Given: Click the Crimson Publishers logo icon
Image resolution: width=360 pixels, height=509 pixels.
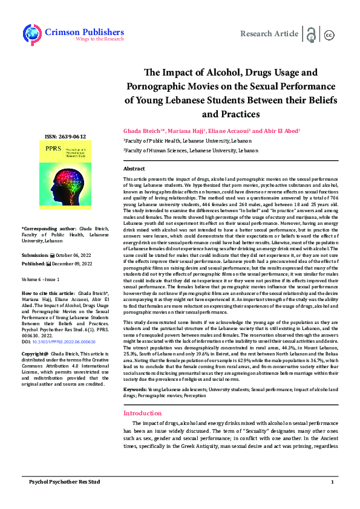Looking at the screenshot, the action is [x=31, y=34].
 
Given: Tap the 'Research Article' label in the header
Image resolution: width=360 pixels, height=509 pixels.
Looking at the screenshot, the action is [x=269, y=34].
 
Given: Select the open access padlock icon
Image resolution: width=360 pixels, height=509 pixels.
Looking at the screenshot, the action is [x=312, y=34].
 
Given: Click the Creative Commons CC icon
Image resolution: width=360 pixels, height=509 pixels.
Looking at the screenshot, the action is [x=330, y=35].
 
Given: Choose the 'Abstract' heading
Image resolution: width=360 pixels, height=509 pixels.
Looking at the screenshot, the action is [x=134, y=168].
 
